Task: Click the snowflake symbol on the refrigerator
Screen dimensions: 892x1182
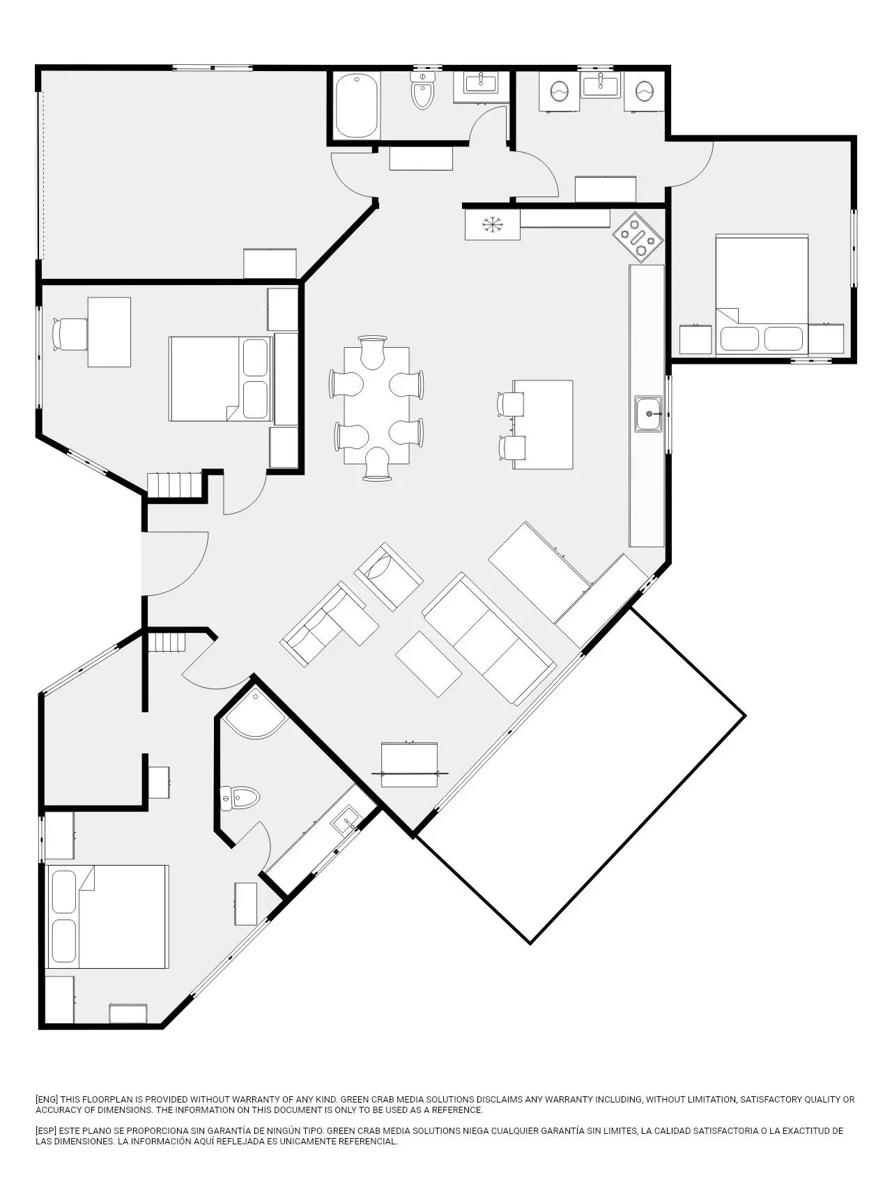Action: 493,225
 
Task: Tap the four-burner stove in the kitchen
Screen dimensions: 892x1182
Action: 638,237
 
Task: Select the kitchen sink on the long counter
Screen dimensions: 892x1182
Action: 649,414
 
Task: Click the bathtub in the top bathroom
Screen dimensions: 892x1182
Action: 357,107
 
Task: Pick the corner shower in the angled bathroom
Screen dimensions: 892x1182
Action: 254,713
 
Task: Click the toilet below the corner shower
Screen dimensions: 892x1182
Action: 239,798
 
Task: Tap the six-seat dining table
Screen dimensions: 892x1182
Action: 376,406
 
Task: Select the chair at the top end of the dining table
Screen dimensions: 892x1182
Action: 374,352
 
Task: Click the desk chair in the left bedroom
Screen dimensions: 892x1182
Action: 70,335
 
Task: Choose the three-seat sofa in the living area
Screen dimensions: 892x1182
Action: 489,639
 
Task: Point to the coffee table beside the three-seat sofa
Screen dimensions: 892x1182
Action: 429,664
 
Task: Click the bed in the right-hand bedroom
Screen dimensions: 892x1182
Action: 762,295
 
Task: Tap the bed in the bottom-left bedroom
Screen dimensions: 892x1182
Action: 107,917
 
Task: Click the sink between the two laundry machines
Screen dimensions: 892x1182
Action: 601,85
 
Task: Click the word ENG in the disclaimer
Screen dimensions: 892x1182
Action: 47,1099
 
